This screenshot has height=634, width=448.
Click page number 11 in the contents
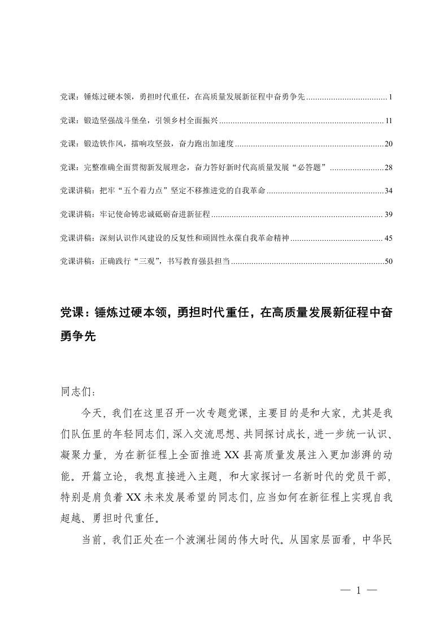click(x=388, y=121)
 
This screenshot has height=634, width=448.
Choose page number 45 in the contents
click(x=388, y=238)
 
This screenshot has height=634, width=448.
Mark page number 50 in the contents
click(x=388, y=262)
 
